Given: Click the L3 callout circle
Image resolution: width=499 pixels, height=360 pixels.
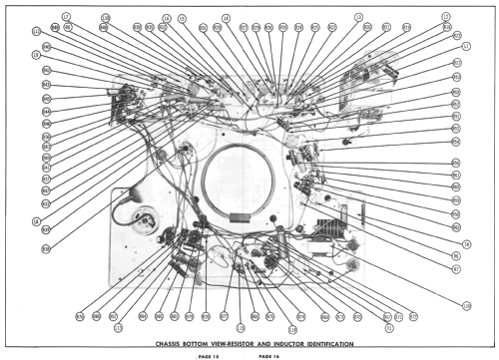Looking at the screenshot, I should [x=358, y=17].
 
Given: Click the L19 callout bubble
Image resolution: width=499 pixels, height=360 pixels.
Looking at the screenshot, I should [x=241, y=327].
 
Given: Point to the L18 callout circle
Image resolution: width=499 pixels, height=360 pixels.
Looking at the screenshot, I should [x=292, y=327].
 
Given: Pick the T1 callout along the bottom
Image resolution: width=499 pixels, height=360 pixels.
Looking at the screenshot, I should [x=388, y=327].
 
